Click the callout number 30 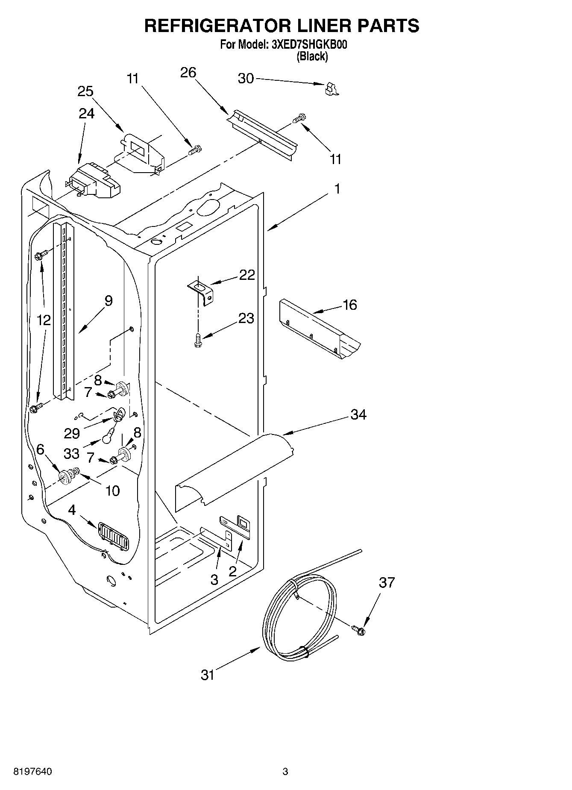click(246, 79)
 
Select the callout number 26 click(188, 73)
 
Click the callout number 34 click(358, 414)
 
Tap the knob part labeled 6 click(65, 476)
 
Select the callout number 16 click(349, 305)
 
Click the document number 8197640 click(33, 772)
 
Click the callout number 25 click(85, 91)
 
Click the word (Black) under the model click(312, 56)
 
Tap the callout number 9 click(108, 301)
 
